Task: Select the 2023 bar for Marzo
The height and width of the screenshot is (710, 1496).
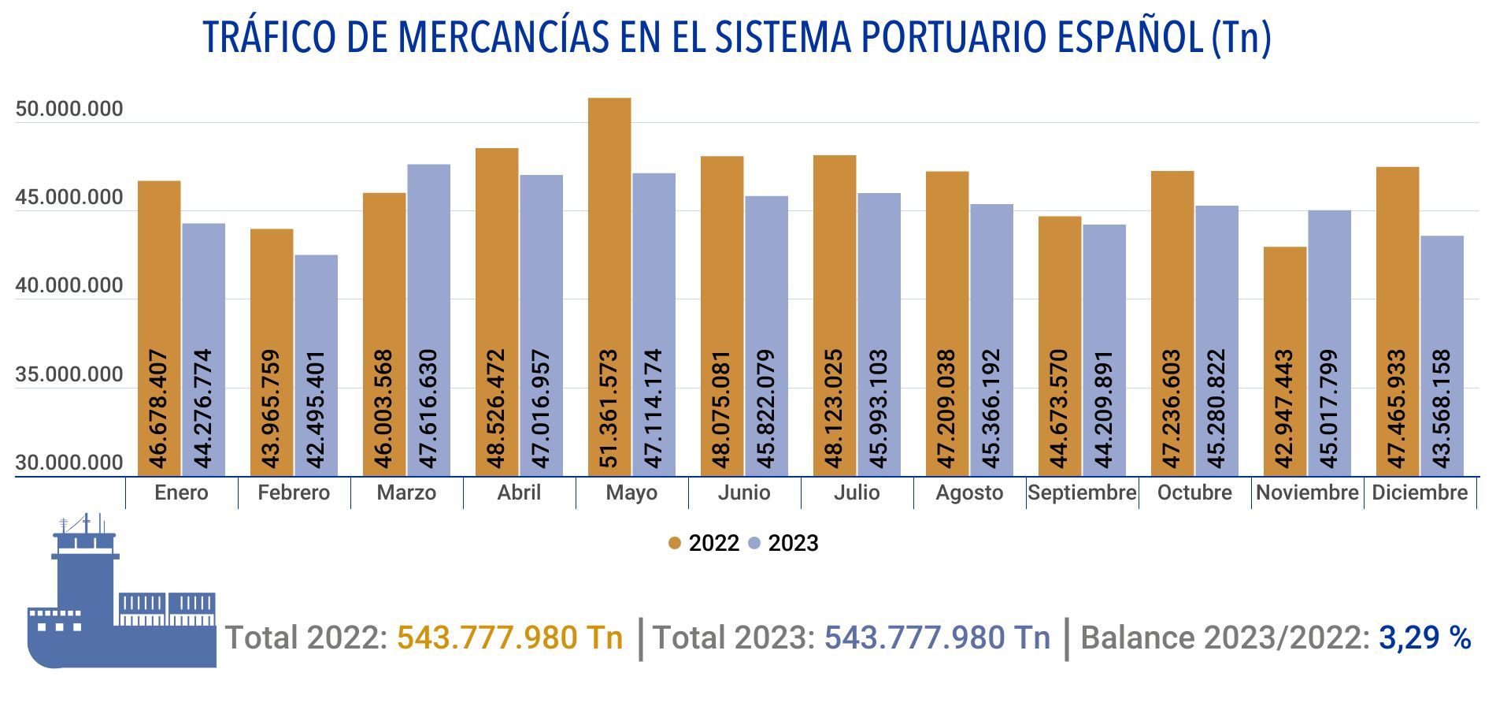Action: (x=428, y=252)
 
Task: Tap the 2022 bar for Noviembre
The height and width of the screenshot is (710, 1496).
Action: (x=1284, y=299)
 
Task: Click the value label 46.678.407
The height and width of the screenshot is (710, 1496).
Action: (x=158, y=408)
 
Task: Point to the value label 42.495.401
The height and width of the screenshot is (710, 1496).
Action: (x=316, y=409)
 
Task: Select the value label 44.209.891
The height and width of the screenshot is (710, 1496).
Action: (x=1104, y=409)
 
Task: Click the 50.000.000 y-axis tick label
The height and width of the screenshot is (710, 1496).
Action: (x=69, y=109)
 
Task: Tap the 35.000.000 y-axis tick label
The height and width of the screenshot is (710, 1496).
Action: (x=69, y=374)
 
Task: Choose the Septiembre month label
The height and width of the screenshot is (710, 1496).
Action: (x=1082, y=493)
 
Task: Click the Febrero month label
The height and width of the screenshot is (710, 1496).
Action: (x=294, y=493)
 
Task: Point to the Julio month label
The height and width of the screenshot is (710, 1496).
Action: (x=857, y=493)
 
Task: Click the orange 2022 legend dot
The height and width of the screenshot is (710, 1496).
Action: (x=674, y=543)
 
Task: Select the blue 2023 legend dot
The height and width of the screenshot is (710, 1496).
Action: (x=754, y=543)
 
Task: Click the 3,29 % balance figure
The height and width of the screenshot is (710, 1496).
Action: (x=1424, y=637)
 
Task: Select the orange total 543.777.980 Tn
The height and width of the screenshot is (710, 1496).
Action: (x=509, y=638)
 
